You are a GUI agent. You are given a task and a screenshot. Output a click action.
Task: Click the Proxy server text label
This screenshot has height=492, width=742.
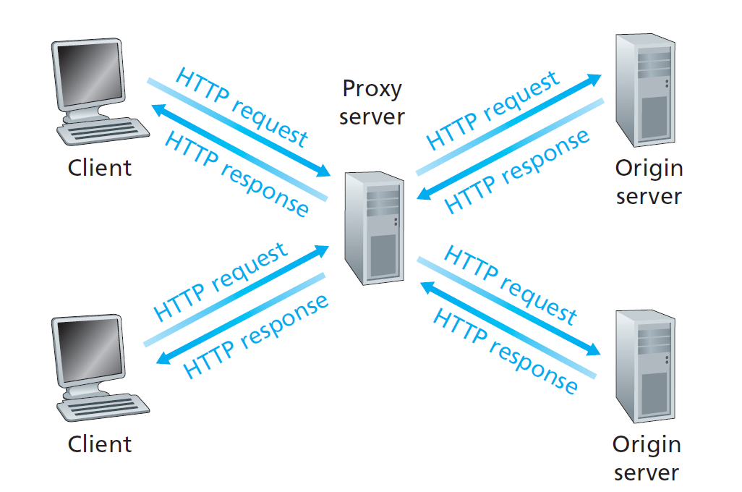click(372, 102)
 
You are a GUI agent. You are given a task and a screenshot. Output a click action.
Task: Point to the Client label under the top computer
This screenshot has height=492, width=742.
click(100, 168)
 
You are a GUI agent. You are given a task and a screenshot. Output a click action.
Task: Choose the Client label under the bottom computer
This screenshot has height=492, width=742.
click(100, 444)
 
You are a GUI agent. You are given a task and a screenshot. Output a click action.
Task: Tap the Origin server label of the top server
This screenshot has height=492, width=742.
click(649, 182)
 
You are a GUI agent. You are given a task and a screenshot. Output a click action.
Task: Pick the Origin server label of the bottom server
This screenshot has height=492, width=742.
click(647, 458)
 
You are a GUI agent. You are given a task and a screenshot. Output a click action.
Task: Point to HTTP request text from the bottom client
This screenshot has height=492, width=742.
click(221, 282)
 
